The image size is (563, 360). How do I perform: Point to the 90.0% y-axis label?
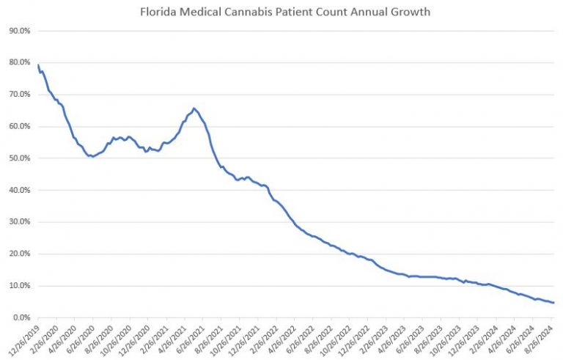(18, 31)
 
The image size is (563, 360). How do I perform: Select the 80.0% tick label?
(18, 63)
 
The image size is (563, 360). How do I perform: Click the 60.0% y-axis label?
(18, 127)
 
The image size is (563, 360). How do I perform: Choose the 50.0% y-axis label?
(18, 158)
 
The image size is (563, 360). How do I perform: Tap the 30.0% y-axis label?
(18, 222)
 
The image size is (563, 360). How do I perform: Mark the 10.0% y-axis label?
(18, 286)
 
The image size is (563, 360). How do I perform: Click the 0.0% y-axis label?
(20, 317)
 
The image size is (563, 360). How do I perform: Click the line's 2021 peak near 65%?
(194, 109)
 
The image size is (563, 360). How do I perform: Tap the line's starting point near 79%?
(38, 65)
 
